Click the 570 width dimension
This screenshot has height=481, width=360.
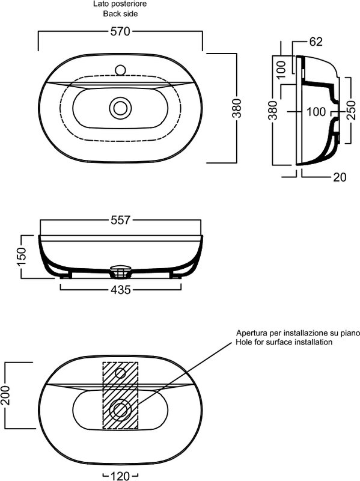pos(120,31)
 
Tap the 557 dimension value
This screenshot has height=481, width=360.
pos(121,220)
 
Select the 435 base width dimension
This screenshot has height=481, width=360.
pos(121,290)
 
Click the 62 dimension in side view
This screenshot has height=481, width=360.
pos(316,41)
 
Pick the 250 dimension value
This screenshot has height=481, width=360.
pos(352,110)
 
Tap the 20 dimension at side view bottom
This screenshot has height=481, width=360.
pos(340,177)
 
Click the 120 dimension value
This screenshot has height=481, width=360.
pos(120,476)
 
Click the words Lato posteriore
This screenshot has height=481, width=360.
pos(120,4)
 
